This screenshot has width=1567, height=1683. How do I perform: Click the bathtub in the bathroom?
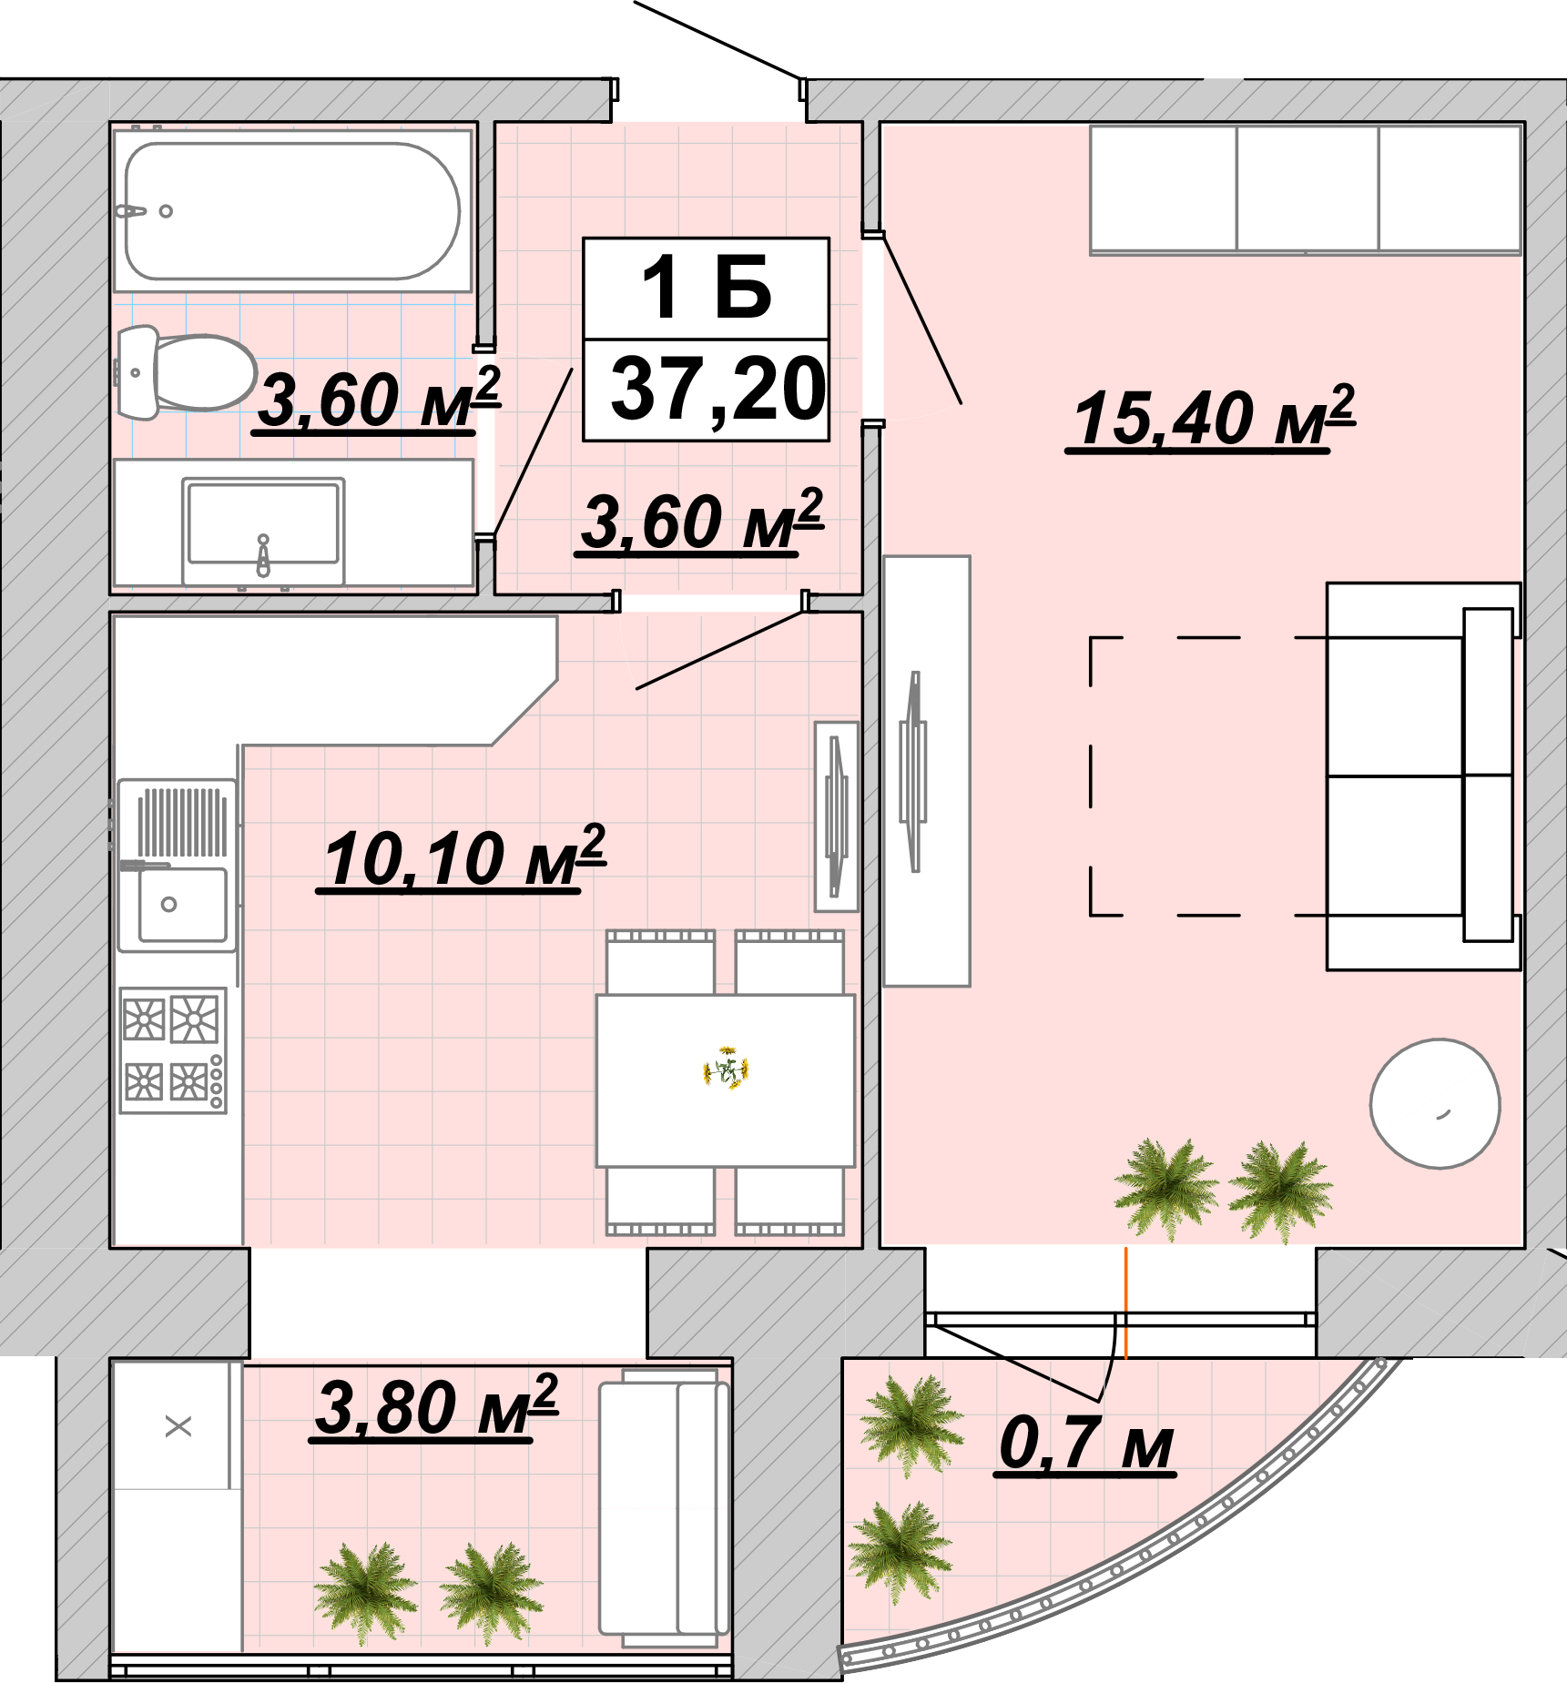[292, 210]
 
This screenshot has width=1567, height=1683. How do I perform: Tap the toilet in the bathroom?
[186, 372]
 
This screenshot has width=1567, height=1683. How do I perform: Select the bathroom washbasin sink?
[263, 530]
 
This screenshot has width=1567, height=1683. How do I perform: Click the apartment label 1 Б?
[707, 288]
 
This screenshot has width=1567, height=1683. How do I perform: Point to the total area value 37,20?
[717, 390]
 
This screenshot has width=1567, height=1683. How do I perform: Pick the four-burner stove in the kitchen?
[173, 1050]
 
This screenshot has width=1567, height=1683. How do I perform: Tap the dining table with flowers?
[726, 1080]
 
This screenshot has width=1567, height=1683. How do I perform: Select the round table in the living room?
[1435, 1103]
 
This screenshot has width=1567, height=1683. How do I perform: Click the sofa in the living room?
[1423, 776]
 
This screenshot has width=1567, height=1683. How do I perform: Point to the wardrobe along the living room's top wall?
[1306, 188]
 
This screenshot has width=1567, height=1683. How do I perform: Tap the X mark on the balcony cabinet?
[178, 1426]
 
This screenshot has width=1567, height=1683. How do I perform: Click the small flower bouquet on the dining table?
[726, 1068]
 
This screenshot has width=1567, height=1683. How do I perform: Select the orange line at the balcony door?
[1125, 1303]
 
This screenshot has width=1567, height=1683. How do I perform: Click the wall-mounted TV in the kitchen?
[836, 816]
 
